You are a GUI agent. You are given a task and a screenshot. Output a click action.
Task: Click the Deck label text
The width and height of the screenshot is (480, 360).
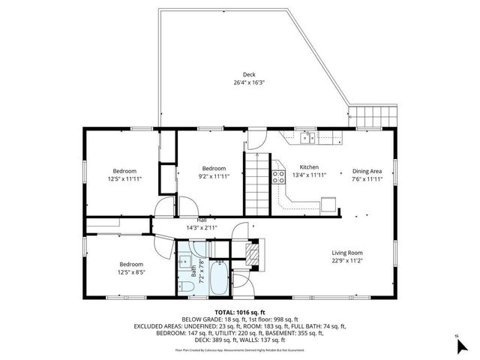(249, 74)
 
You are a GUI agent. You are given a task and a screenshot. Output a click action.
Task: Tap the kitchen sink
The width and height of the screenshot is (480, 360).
(306, 137)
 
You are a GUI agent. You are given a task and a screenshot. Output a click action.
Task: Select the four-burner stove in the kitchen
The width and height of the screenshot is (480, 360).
(278, 178)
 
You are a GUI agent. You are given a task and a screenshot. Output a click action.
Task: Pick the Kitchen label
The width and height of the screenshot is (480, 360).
(309, 166)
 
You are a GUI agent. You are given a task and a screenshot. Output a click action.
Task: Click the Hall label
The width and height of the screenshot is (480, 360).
(202, 219)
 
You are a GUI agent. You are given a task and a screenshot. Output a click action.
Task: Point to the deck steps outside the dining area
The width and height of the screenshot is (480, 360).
(367, 117)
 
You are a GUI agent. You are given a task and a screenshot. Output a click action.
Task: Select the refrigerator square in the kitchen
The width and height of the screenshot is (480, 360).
(328, 205)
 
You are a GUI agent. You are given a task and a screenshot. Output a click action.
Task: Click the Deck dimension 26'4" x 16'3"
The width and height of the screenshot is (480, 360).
(249, 82)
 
